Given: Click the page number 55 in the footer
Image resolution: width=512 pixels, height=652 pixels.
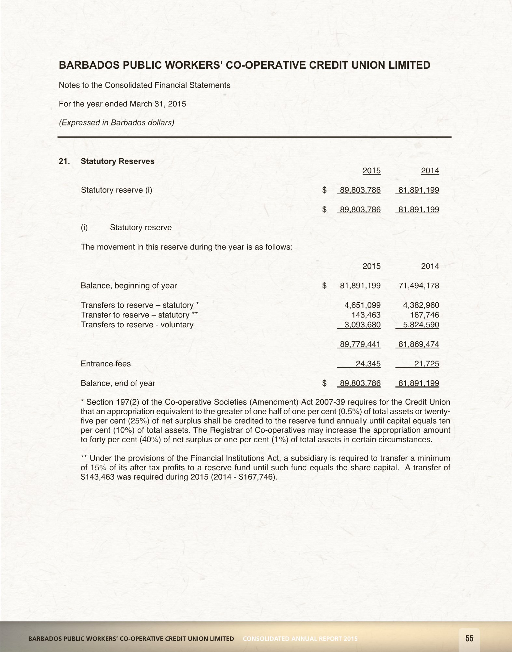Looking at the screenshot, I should pos(469,638).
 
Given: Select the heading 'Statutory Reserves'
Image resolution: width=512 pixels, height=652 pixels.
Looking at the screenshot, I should pos(118,161).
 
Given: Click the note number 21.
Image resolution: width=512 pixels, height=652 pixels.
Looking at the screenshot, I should pos(64,161).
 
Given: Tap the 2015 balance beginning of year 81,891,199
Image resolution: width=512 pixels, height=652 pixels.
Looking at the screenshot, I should pos(360,286).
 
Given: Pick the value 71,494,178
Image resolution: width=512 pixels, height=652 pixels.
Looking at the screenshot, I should pos(419,286).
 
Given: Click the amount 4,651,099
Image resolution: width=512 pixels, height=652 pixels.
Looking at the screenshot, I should pos(362,305).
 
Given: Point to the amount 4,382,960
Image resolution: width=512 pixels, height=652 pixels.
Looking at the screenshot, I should pos(421,305).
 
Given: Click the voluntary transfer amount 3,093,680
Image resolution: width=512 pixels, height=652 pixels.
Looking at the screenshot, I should pos(362,325).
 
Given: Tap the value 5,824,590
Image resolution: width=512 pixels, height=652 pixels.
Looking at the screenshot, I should pos(421,325).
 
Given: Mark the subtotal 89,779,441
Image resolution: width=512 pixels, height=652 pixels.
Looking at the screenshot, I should pos(360,344).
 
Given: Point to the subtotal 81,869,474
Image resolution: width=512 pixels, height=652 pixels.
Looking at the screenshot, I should pos(419,344).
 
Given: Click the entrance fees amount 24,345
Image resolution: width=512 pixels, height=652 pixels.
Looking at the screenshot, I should pos(368,364).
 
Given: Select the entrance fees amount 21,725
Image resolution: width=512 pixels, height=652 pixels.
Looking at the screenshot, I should pos(426,364).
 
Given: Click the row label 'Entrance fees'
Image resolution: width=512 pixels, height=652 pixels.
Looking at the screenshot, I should pos(105,364).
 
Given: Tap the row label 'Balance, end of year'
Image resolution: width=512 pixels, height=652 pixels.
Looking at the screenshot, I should pos(118,383).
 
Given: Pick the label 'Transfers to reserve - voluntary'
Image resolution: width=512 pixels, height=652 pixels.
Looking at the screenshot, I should pos(137,325).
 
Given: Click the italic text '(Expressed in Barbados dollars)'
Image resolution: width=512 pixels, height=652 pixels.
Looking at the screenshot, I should pos(116,123).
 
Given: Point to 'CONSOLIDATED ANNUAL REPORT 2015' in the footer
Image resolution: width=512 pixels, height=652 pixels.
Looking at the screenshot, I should pos(300,639).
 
